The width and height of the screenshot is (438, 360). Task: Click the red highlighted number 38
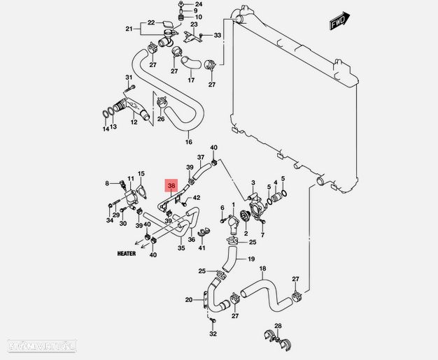tap(171, 186)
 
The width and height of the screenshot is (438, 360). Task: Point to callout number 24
tap(198, 5)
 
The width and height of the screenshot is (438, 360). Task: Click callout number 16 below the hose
tap(188, 143)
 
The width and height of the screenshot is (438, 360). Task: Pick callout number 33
tap(218, 35)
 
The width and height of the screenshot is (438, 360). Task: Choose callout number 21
tap(129, 29)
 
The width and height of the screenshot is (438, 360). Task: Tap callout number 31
tap(129, 77)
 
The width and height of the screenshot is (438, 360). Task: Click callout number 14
tap(106, 129)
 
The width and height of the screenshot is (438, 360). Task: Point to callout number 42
tap(197, 198)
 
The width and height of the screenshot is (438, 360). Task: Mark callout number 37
tap(201, 157)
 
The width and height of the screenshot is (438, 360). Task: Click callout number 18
tap(262, 269)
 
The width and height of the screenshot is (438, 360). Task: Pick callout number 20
tap(189, 300)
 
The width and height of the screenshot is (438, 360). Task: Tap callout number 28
tap(277, 326)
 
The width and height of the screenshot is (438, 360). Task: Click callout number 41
tap(202, 248)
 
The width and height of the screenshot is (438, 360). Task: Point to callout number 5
tap(283, 179)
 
